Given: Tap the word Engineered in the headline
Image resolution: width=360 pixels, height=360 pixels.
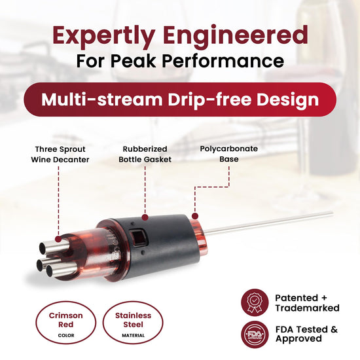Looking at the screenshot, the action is (x=236, y=36).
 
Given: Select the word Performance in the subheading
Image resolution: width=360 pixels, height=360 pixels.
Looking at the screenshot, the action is (x=223, y=61).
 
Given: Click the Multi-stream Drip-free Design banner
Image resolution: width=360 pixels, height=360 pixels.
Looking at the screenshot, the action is (x=180, y=99).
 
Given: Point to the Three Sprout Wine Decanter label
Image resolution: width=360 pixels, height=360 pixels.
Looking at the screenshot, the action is (x=60, y=154).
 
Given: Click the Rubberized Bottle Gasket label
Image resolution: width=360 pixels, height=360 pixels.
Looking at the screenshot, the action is (x=145, y=154).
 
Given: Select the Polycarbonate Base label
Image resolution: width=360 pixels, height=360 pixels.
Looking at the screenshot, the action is (x=229, y=154).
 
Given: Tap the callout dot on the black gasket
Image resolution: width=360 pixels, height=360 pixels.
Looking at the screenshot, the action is (x=145, y=217).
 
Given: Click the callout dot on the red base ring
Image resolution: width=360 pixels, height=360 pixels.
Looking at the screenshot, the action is (x=195, y=216).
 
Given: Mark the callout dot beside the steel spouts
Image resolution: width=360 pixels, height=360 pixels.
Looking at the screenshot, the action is (x=58, y=239).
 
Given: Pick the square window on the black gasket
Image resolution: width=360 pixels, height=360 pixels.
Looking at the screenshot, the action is (x=137, y=236).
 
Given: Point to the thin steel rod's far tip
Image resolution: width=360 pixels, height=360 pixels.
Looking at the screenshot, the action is (x=332, y=213).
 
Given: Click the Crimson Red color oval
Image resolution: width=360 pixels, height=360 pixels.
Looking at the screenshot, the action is (x=65, y=322).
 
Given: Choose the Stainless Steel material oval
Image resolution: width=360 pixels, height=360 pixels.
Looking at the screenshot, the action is (x=133, y=322).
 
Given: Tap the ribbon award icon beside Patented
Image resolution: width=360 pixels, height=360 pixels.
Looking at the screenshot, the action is (x=255, y=302).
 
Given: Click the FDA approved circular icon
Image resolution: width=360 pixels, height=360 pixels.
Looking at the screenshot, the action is (x=255, y=334).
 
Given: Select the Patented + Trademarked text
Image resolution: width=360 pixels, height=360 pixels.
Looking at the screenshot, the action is (x=307, y=303).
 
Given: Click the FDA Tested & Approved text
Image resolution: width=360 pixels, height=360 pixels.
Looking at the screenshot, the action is (x=306, y=334).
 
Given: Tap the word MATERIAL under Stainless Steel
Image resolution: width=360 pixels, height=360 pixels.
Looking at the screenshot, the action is (x=133, y=335).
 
